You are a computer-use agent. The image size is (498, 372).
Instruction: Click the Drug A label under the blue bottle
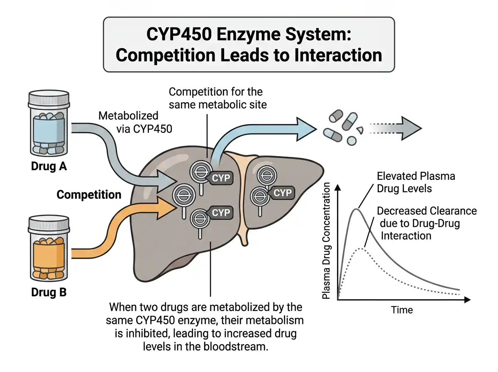[49, 166]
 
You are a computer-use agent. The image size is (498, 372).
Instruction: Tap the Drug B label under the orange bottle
[49, 292]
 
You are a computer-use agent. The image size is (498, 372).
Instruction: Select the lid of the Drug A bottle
[49, 99]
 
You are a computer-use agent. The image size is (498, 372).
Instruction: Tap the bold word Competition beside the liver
[89, 195]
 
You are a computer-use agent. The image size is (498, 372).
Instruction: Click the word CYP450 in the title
[179, 34]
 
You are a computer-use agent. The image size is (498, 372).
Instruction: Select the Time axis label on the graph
[402, 310]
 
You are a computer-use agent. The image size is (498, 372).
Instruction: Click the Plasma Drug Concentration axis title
[326, 240]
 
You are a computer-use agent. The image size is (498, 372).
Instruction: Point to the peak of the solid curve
[356, 209]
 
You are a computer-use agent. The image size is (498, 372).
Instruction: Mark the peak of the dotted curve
[361, 249]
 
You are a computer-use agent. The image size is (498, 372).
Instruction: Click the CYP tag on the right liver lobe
[282, 193]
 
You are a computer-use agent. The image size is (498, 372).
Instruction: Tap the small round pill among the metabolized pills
[352, 141]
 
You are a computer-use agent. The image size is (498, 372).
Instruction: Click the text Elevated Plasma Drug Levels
[416, 182]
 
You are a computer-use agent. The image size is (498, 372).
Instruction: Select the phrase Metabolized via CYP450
[135, 122]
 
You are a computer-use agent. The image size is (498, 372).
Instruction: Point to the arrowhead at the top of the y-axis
[338, 187]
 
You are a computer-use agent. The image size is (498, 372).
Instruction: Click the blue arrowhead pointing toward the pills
[307, 129]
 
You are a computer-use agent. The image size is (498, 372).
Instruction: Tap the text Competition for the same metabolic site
[218, 98]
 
